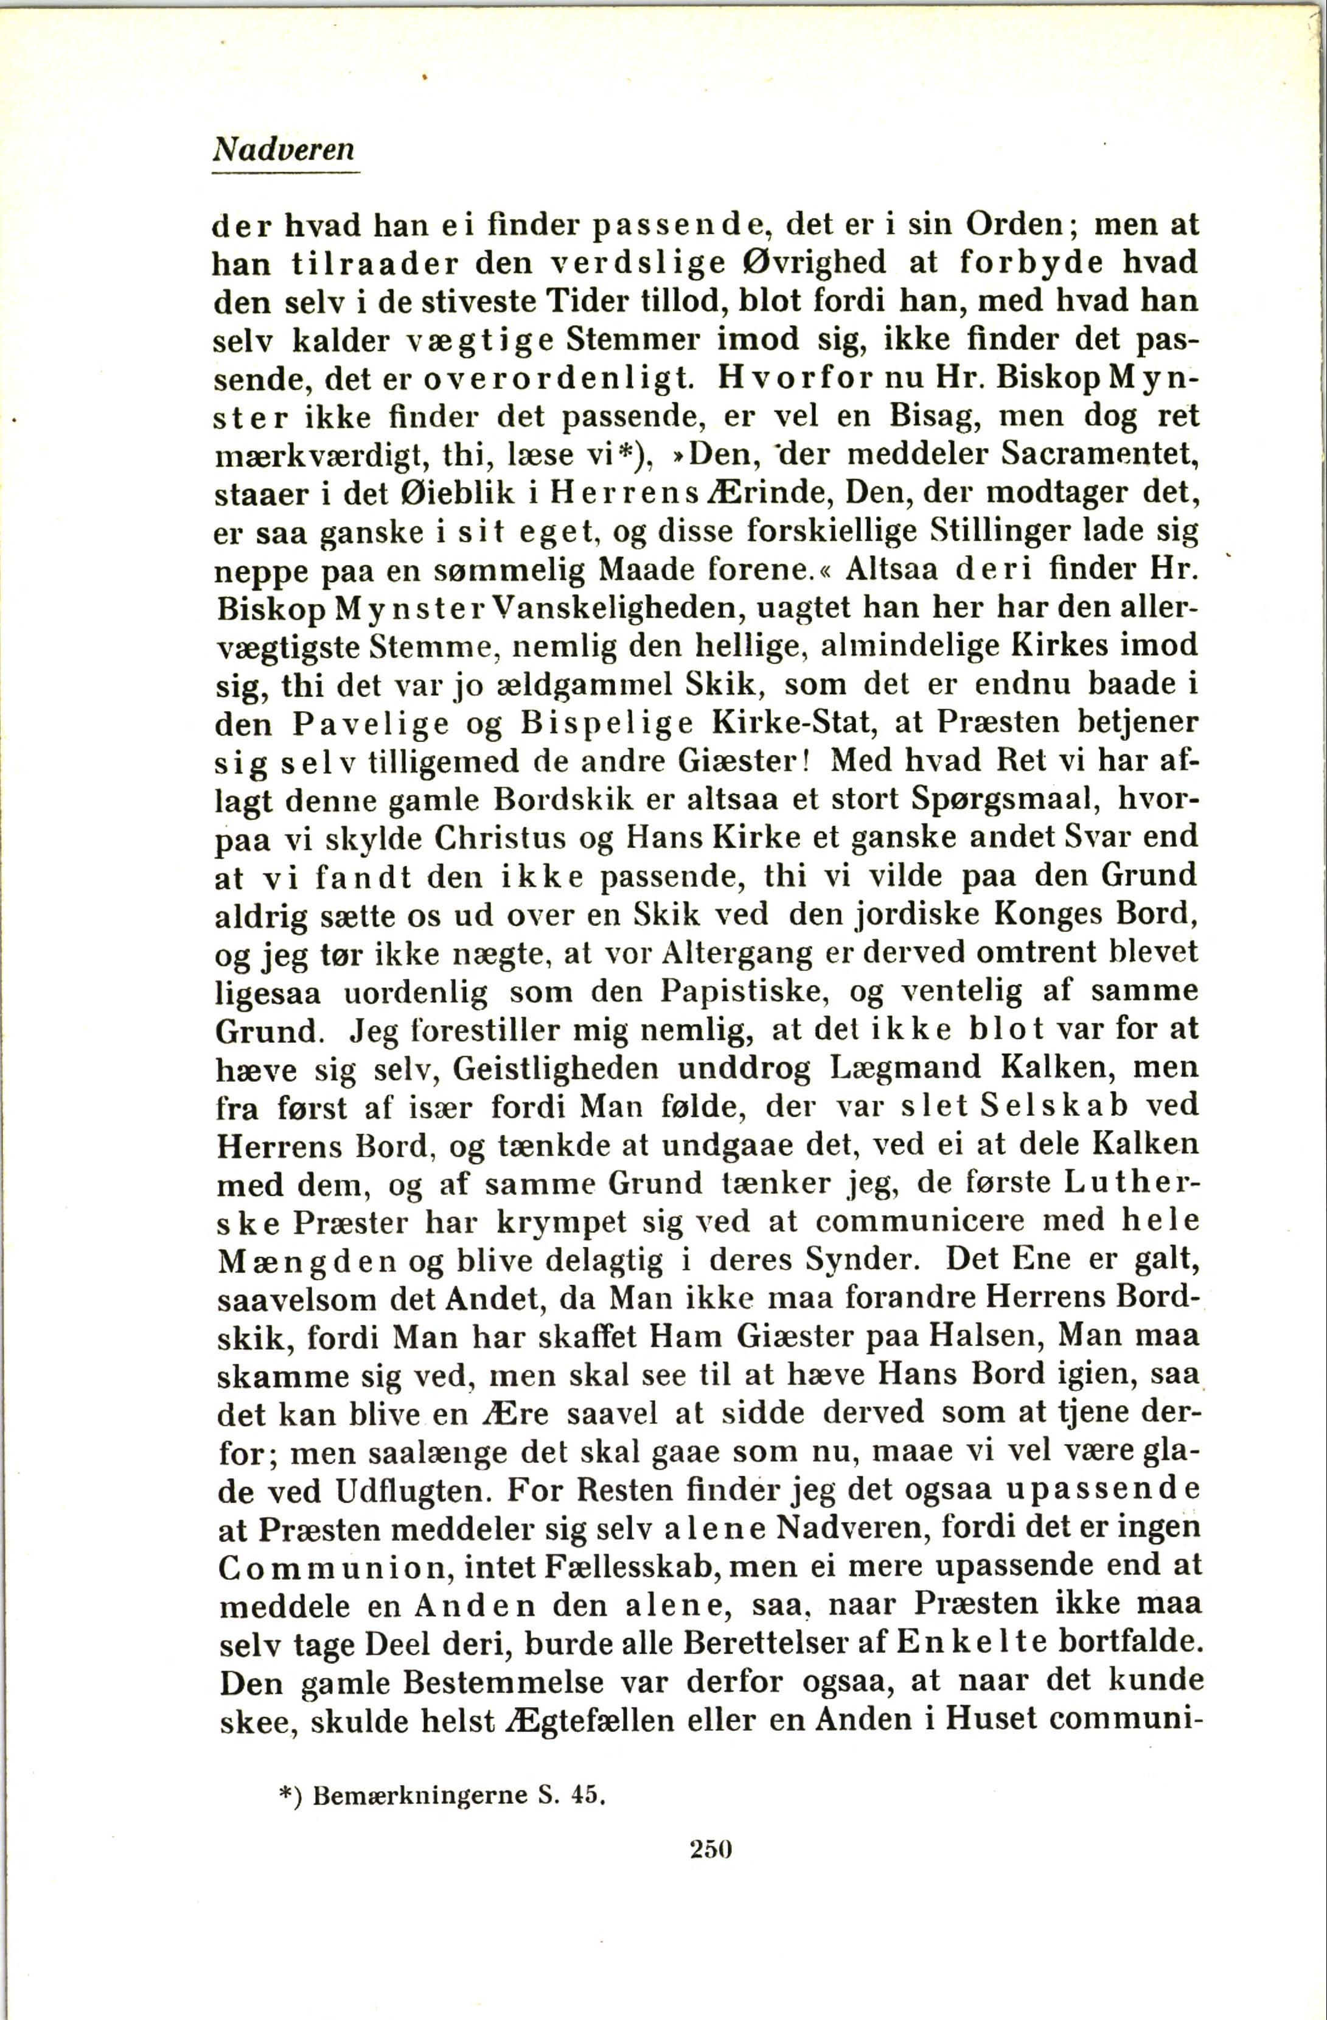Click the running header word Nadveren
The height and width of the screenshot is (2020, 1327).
(x=284, y=150)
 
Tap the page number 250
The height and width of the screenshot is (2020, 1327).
(x=711, y=1891)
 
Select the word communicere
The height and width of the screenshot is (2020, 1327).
(x=890, y=1221)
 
